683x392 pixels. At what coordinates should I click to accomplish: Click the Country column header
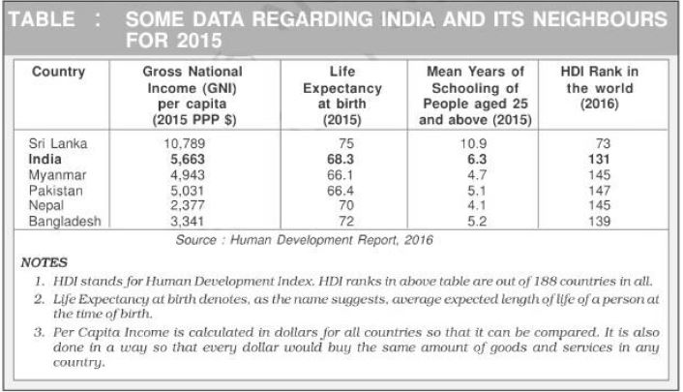pos(58,72)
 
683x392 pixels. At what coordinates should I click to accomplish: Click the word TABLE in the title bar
pos(48,19)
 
